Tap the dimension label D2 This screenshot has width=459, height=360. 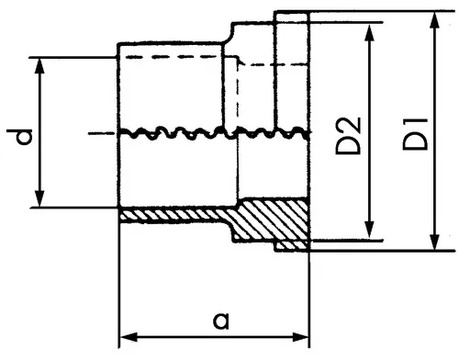pyautogui.click(x=348, y=135)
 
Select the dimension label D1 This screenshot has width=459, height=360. pyautogui.click(x=415, y=133)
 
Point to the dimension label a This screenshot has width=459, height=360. pyautogui.click(x=220, y=321)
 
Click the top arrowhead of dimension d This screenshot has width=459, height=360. pyautogui.click(x=39, y=65)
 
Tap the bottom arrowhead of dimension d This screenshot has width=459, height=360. pyautogui.click(x=39, y=199)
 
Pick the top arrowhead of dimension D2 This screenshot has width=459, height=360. pyautogui.click(x=370, y=32)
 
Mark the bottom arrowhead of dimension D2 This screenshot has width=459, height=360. pyautogui.click(x=370, y=231)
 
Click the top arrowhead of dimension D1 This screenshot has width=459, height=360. pyautogui.click(x=434, y=20)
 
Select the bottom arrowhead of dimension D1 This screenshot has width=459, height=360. pyautogui.click(x=434, y=242)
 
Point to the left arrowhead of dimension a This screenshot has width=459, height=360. pyautogui.click(x=129, y=337)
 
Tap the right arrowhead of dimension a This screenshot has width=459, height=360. pyautogui.click(x=300, y=337)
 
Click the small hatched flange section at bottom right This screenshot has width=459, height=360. pyautogui.click(x=292, y=245)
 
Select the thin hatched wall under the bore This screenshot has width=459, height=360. pyautogui.click(x=174, y=215)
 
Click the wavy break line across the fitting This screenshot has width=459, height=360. pyautogui.click(x=214, y=133)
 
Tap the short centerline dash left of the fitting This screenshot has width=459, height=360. pyautogui.click(x=98, y=133)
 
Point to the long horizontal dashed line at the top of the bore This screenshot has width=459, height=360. pyautogui.click(x=173, y=57)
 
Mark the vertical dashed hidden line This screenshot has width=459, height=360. pyautogui.click(x=238, y=92)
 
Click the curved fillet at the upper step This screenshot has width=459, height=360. pyautogui.click(x=228, y=35)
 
